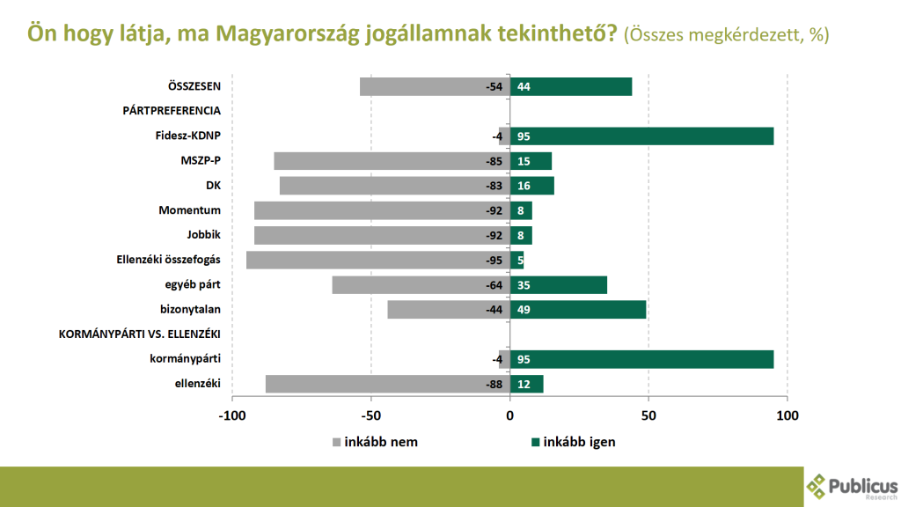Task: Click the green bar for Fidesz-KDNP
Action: click(641, 136)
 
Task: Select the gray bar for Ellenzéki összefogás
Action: click(378, 260)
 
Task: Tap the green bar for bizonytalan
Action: click(578, 310)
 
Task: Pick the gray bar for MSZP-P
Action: click(392, 161)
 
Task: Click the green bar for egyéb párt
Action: click(559, 285)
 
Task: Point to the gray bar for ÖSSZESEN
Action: click(435, 87)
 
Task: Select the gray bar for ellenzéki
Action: click(388, 384)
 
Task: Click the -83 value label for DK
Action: click(494, 186)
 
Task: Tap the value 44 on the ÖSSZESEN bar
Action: click(524, 87)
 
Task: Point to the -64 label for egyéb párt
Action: click(494, 285)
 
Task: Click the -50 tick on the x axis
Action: click(371, 415)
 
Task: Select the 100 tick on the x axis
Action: click(787, 415)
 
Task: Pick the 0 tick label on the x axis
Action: click(509, 415)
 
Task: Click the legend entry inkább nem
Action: click(375, 442)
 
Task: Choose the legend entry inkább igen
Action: click(574, 442)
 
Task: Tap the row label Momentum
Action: click(190, 210)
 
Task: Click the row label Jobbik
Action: click(203, 234)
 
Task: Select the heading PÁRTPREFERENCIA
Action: click(172, 110)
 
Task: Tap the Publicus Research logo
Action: click(852, 487)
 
